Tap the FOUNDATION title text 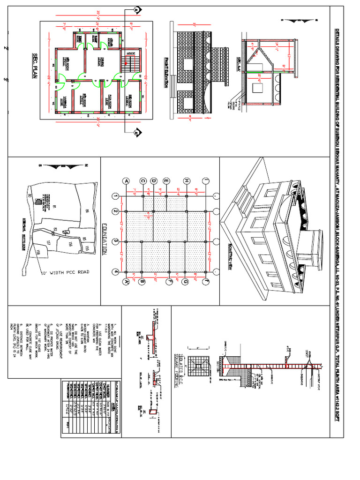coord(104,240)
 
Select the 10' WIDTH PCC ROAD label coord(64,272)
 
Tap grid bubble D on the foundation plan coord(153,181)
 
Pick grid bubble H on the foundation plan coord(186,181)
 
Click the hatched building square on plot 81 coord(37,201)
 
